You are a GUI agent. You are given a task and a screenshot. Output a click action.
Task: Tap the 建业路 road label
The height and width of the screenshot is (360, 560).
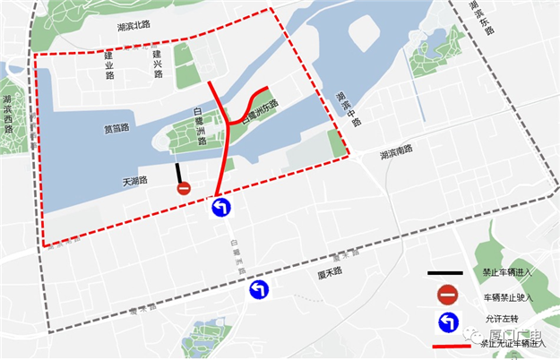click(109, 64)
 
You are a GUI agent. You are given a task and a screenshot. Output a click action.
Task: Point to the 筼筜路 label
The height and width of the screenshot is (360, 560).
click(116, 129)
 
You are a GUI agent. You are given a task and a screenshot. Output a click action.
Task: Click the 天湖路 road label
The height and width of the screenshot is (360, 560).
click(134, 180)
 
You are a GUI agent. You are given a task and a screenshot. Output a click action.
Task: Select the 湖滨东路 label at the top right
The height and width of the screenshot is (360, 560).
click(482, 16)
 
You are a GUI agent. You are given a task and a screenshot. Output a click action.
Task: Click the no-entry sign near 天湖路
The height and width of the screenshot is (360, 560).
click(184, 188)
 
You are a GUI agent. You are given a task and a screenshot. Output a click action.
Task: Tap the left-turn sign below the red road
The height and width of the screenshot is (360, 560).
click(221, 209)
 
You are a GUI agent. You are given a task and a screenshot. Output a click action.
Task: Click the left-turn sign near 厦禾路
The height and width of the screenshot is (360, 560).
click(259, 289)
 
